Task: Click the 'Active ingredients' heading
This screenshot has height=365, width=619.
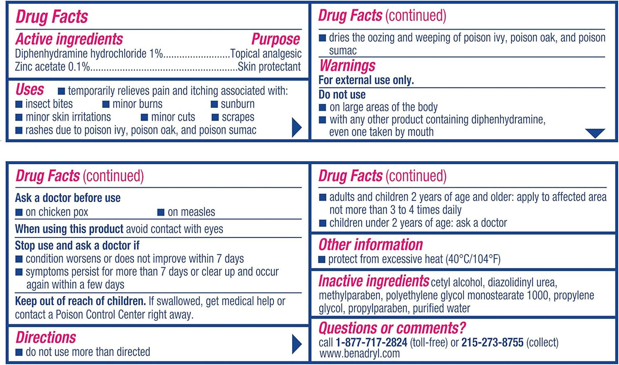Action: pyautogui.click(x=69, y=39)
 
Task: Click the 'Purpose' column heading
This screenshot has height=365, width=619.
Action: pyautogui.click(x=275, y=39)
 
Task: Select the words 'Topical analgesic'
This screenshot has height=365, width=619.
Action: pyautogui.click(x=266, y=54)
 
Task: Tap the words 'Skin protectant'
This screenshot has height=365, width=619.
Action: pyautogui.click(x=269, y=67)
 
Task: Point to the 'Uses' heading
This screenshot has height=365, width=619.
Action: pyautogui.click(x=30, y=90)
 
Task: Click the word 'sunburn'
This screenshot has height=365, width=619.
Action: pyautogui.click(x=238, y=104)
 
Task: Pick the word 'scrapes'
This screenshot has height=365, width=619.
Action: pyautogui.click(x=238, y=117)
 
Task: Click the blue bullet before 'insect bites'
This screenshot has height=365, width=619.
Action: pyautogui.click(x=19, y=104)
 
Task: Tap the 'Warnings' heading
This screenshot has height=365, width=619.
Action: pyautogui.click(x=347, y=66)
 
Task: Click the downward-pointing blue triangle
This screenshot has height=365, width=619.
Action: pyautogui.click(x=595, y=133)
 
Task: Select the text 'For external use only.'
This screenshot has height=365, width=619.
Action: pyautogui.click(x=366, y=80)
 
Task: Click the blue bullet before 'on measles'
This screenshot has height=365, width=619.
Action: pyautogui.click(x=161, y=212)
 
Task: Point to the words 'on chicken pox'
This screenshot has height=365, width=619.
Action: pyautogui.click(x=57, y=212)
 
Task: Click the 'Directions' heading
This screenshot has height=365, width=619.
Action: pyautogui.click(x=46, y=338)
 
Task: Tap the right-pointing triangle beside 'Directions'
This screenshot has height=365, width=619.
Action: pyautogui.click(x=296, y=344)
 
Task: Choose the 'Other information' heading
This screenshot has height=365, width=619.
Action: pyautogui.click(x=371, y=245)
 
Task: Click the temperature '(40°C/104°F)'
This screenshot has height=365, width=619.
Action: pyautogui.click(x=473, y=259)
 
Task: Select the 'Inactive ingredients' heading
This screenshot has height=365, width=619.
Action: pyautogui.click(x=374, y=281)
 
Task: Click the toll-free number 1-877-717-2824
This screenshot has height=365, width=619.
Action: pyautogui.click(x=371, y=343)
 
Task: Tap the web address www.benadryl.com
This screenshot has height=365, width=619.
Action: pyautogui.click(x=359, y=354)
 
